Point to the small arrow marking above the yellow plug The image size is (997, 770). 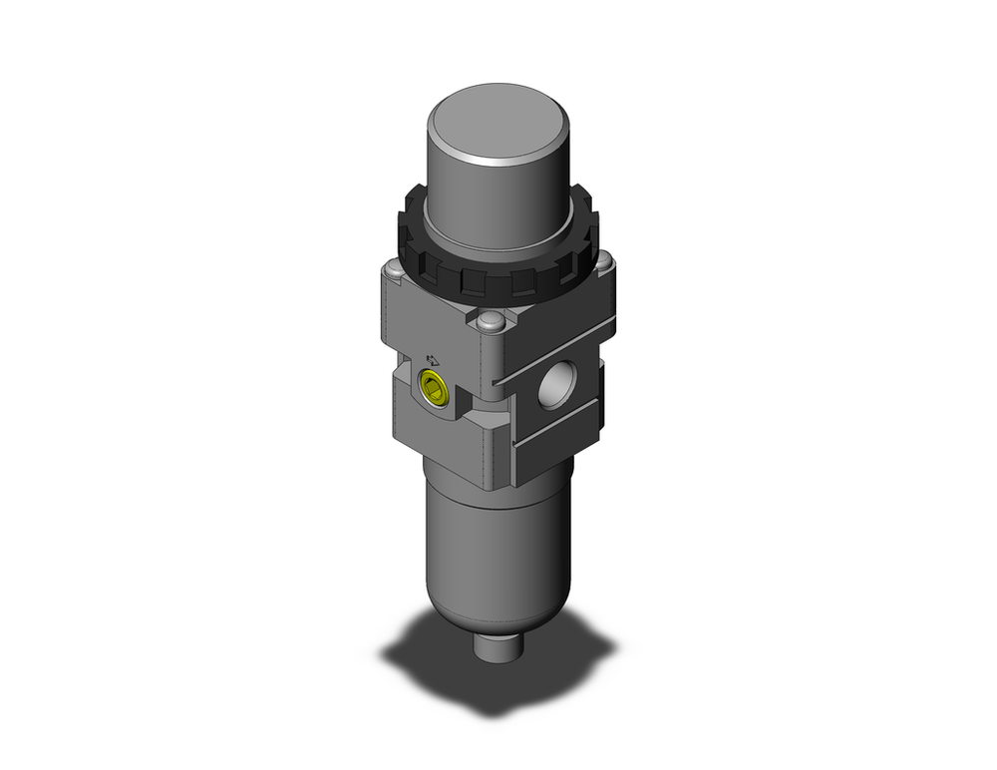pos(432,360)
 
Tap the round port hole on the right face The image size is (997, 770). pos(554,386)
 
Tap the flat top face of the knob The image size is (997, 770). pos(498,126)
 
